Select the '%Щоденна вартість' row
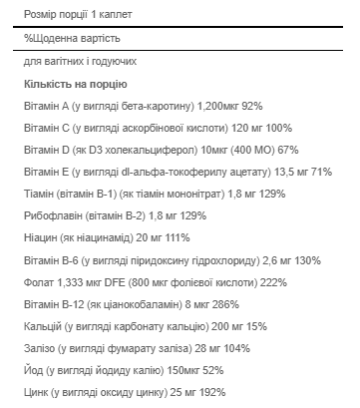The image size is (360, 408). [x=66, y=37]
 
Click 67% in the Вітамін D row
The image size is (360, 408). [x=287, y=150]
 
